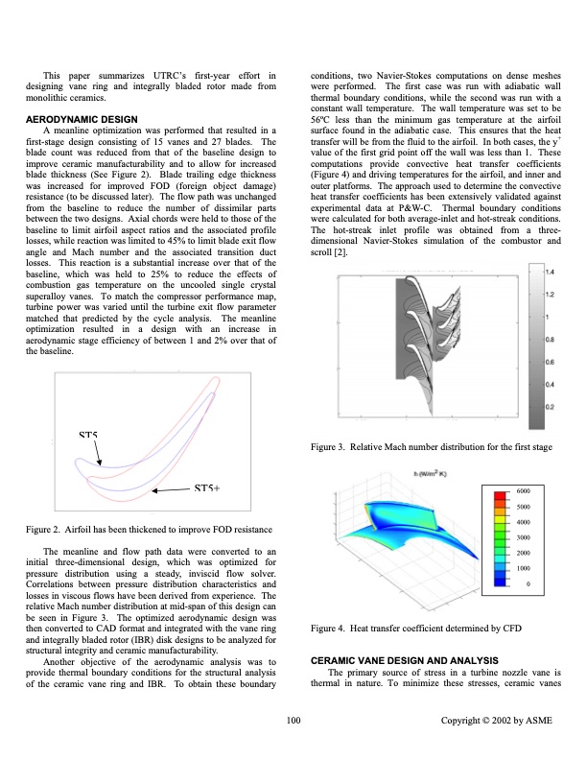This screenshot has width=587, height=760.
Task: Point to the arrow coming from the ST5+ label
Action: (173, 489)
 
